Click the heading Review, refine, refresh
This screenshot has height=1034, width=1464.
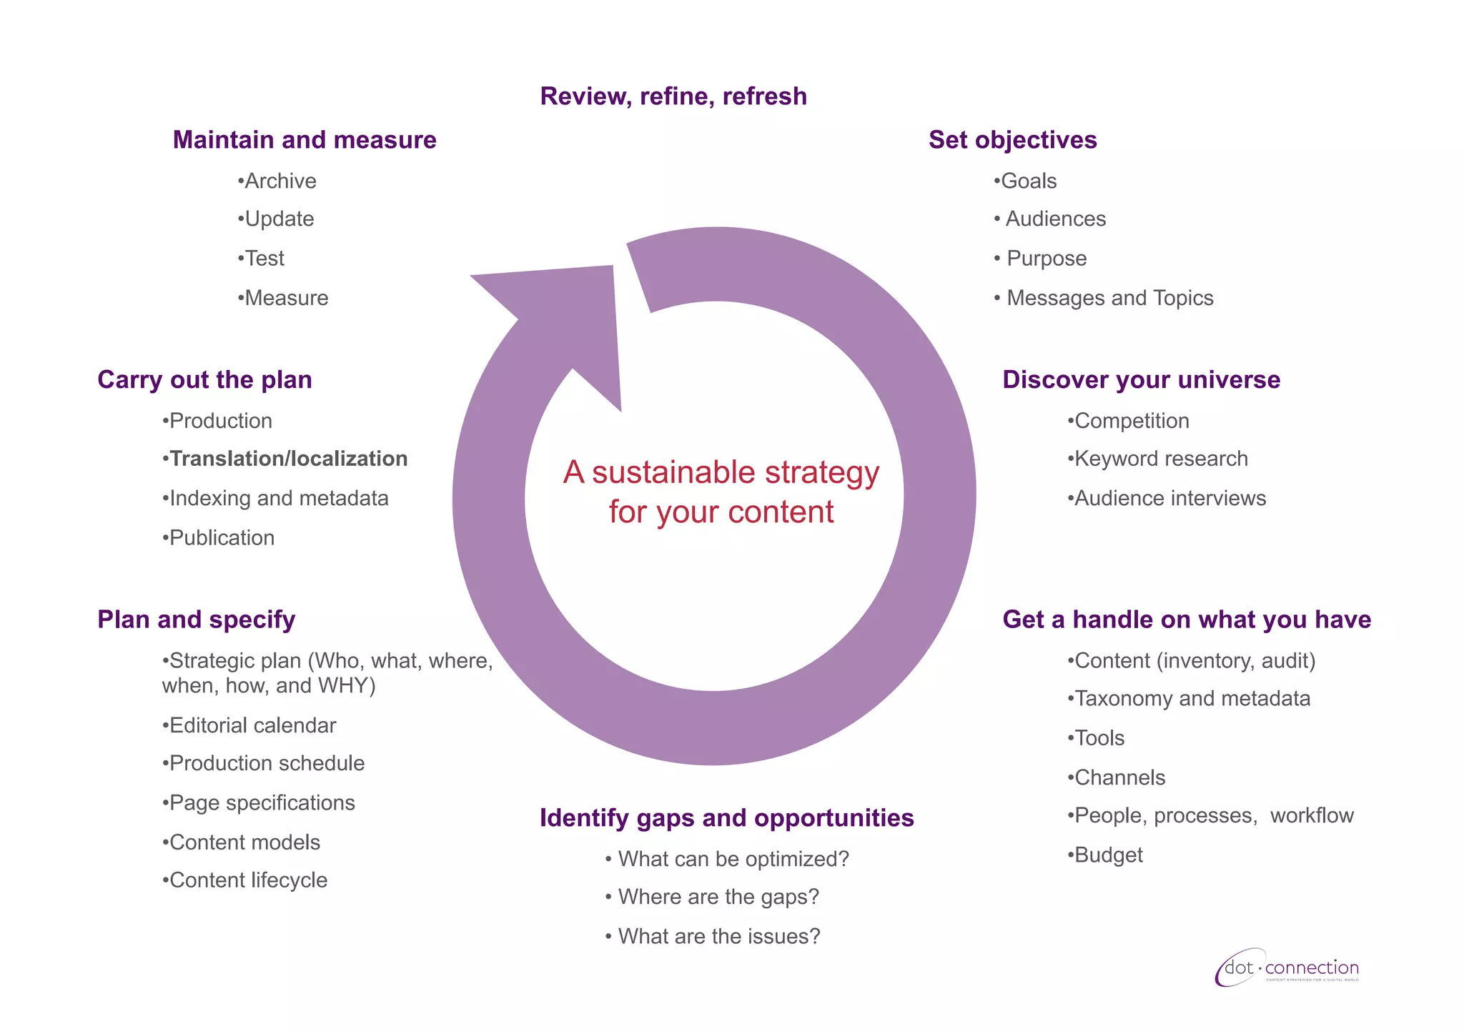673,96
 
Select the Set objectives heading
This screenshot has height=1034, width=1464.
1012,140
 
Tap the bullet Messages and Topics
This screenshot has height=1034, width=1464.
1109,298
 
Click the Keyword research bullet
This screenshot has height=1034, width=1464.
1161,459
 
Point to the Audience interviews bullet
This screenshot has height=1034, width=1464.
1169,498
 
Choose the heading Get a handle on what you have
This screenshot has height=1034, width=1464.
1187,620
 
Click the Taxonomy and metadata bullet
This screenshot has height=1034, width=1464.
1192,699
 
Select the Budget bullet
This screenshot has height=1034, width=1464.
1108,855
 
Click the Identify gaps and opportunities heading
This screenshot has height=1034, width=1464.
726,818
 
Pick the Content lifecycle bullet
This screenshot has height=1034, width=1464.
248,880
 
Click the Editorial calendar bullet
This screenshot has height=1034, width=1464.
252,725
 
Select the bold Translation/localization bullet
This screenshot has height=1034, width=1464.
288,459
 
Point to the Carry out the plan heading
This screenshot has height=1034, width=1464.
204,380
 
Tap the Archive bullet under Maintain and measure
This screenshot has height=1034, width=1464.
280,182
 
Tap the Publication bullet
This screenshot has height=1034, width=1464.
222,538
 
